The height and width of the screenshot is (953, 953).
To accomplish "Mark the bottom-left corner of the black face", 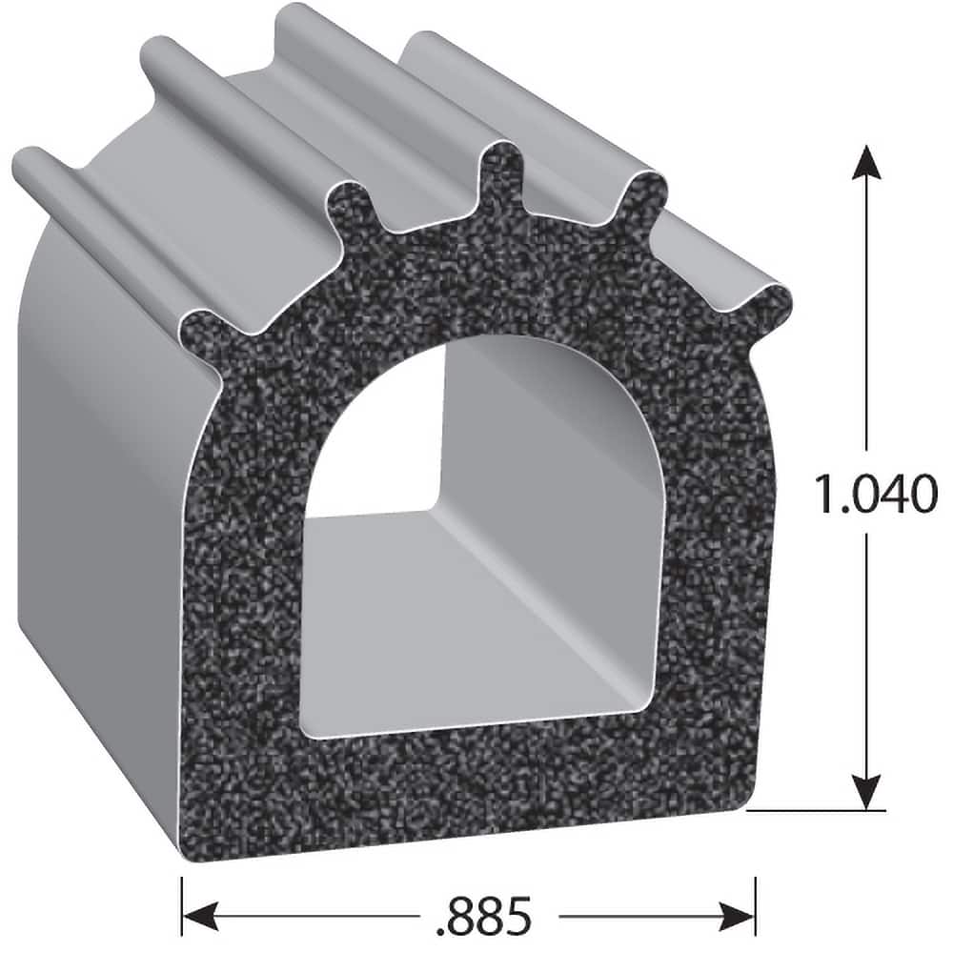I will click(x=187, y=843).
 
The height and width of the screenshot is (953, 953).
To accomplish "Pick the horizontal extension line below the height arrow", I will click(x=820, y=812).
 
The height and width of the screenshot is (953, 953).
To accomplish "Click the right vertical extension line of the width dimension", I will click(x=756, y=891).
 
